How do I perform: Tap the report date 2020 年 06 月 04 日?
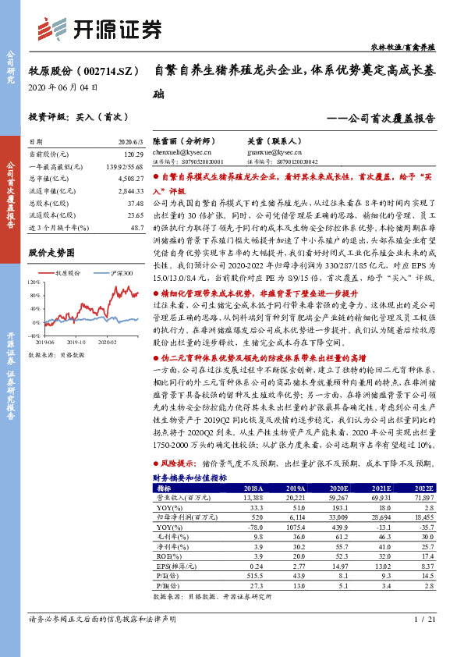63,87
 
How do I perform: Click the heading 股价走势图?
51,253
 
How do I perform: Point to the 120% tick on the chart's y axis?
35,282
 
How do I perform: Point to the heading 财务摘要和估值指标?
189,477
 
